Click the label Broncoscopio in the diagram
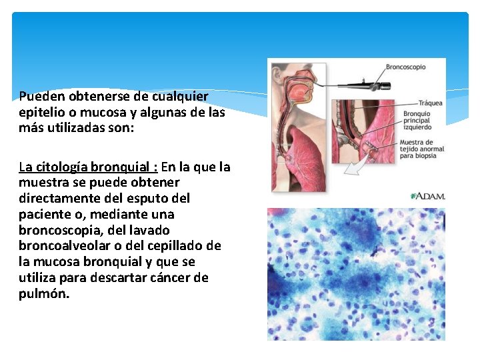[x=405, y=67]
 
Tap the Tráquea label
[x=430, y=103]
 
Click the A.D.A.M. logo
[x=428, y=196]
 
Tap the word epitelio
[x=43, y=113]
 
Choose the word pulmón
[x=43, y=293]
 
